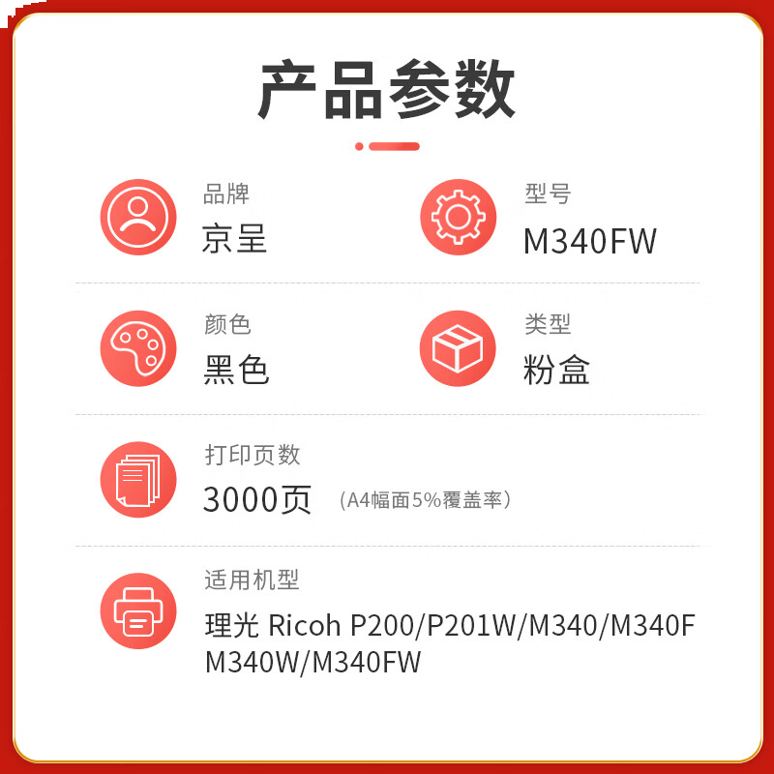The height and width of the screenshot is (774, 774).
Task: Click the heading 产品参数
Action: [x=387, y=89]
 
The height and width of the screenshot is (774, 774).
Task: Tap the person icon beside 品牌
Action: [x=138, y=217]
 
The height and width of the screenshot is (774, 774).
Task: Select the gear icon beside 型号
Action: [x=458, y=217]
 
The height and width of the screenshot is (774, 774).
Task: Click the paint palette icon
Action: [x=138, y=348]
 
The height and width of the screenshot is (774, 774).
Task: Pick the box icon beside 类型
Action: [x=458, y=348]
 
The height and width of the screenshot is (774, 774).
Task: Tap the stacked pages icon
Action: [x=138, y=479]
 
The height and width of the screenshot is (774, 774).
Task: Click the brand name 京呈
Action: [x=235, y=239]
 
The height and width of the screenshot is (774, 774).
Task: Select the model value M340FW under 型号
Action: [x=590, y=241]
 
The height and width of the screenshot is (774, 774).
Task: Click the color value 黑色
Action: [x=236, y=371]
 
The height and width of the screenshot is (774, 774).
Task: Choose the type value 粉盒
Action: [x=556, y=371]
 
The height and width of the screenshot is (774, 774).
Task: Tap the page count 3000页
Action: [x=257, y=499]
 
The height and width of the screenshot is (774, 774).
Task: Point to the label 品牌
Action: [x=226, y=194]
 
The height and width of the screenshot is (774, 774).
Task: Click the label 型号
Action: [x=548, y=194]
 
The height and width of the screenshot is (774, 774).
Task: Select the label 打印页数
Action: [x=253, y=455]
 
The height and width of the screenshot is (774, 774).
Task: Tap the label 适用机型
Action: [x=252, y=580]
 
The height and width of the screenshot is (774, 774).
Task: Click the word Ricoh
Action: [x=304, y=626]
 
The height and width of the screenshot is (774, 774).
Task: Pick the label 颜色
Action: [x=227, y=325]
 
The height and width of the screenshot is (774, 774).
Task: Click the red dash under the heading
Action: [x=394, y=147]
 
